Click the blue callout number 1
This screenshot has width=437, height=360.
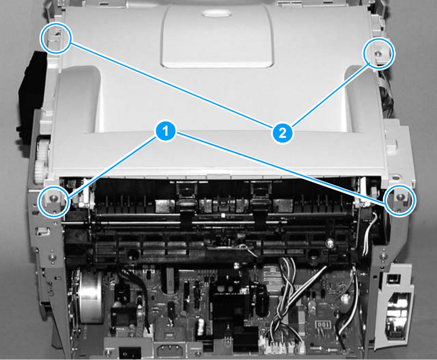pyautogui.click(x=166, y=131)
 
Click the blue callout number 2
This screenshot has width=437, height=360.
pyautogui.click(x=282, y=133)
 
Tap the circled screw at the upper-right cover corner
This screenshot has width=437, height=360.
pyautogui.click(x=378, y=53)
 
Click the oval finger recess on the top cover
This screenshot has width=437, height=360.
pyautogui.click(x=217, y=13)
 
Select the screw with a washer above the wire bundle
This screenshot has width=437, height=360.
pyautogui.click(x=330, y=244)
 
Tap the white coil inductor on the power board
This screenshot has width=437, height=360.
pyautogui.click(x=200, y=326)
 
